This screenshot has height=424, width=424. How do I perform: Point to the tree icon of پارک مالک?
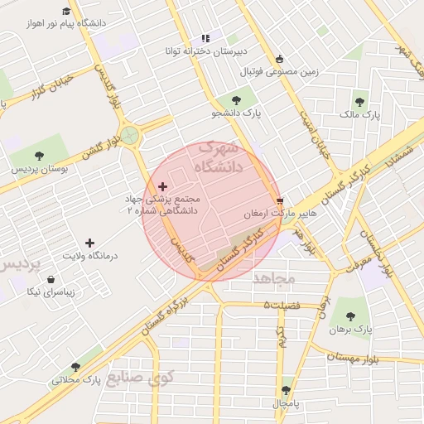coord(359,102)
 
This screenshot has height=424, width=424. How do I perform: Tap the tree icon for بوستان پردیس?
coord(40,156)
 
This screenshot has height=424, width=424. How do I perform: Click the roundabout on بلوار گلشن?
coord(129,136)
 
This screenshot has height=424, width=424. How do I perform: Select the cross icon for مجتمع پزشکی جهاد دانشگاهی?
coord(162,186)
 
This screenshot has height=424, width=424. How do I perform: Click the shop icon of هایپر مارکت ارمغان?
coord(280,201)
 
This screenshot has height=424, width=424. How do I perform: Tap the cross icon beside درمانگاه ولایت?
coord(89,243)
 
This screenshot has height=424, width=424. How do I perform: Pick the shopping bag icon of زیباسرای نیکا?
coord(53,279)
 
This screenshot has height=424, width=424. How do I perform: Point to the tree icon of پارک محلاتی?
coord(76,367)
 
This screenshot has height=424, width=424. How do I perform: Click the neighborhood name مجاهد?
coord(274,277)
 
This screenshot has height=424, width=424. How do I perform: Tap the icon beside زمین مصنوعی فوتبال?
coord(280,59)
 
